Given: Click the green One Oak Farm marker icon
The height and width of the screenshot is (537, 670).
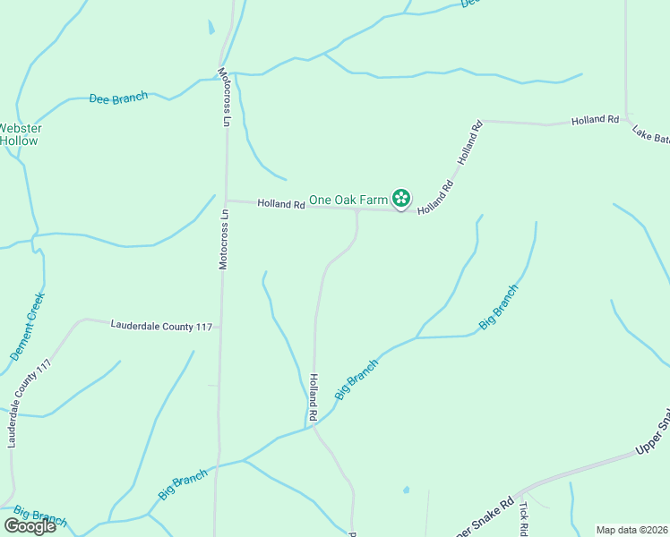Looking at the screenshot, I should (x=402, y=198).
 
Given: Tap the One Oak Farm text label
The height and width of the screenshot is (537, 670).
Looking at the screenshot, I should (x=348, y=199).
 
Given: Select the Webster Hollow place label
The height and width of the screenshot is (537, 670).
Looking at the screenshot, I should (x=19, y=134).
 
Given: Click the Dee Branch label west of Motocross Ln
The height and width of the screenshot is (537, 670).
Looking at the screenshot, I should (x=118, y=98).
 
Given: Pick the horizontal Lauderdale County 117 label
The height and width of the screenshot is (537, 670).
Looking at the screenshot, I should (x=161, y=327).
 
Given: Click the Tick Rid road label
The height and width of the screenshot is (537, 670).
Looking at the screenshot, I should (x=525, y=514).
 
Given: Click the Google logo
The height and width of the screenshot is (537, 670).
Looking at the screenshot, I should (x=30, y=526).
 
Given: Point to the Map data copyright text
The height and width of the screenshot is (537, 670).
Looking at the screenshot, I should (x=631, y=530).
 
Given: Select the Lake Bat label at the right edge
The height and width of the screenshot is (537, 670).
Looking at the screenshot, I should (x=651, y=134).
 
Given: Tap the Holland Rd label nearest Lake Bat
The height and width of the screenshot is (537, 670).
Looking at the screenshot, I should (x=596, y=119).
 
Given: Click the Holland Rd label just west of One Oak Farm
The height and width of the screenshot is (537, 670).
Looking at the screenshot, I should (x=281, y=204).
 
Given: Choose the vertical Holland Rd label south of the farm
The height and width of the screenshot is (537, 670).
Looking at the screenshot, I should (x=314, y=397).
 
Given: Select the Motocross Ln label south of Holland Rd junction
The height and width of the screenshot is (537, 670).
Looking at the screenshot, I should (x=225, y=239).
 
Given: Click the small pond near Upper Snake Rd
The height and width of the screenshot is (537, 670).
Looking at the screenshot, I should (x=406, y=490).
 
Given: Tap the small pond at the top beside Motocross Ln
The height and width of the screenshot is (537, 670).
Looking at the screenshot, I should (x=211, y=27).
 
